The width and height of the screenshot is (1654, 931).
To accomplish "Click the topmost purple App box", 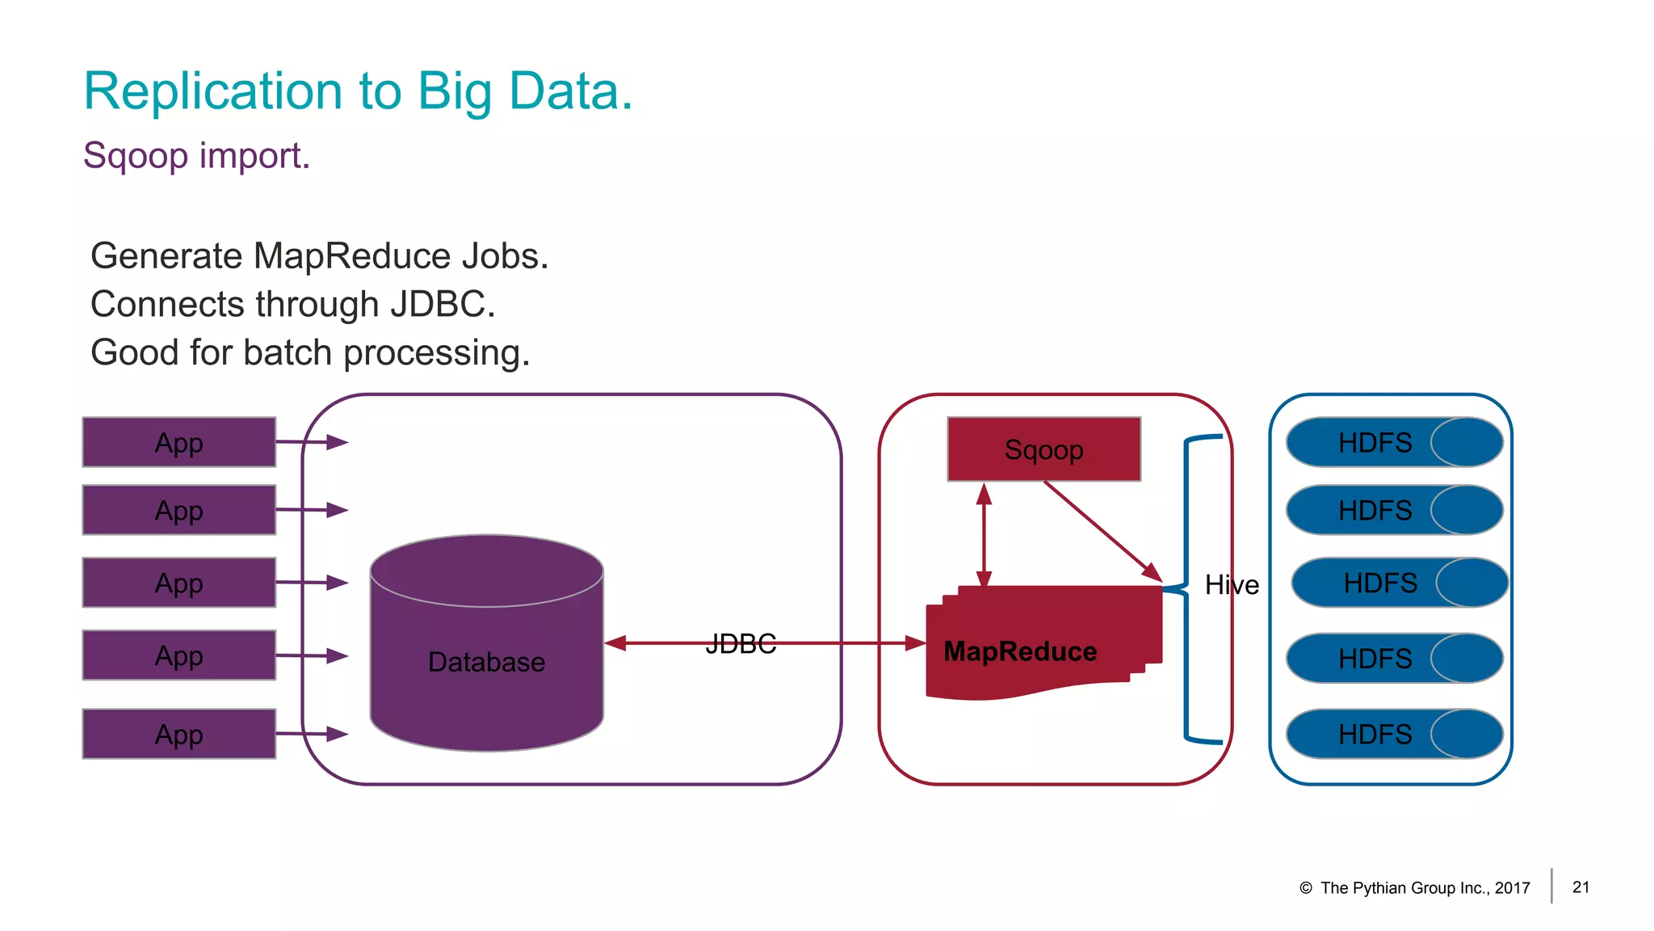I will [178, 442].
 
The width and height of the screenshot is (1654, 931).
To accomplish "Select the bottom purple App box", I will [178, 734].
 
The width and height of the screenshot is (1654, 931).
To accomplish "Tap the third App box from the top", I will [178, 583].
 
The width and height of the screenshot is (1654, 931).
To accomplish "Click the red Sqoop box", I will [1043, 449].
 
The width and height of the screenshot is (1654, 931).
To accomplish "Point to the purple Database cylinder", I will [486, 647].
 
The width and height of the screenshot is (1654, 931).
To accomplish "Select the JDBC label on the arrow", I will [740, 643].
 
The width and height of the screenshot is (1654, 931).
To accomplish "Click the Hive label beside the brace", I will [1232, 584].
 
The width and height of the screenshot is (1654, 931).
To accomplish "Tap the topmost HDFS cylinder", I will [1394, 442].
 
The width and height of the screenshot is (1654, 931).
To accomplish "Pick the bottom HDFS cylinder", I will [1394, 734].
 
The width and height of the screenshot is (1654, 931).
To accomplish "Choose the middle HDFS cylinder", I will [1399, 583].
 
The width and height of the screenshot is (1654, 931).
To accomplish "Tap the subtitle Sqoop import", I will [196, 155].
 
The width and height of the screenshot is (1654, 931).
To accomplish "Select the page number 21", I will [1581, 887].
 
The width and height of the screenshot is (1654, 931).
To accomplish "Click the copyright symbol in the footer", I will [1305, 888].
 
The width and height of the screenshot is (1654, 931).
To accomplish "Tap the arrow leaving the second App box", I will [311, 510].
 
